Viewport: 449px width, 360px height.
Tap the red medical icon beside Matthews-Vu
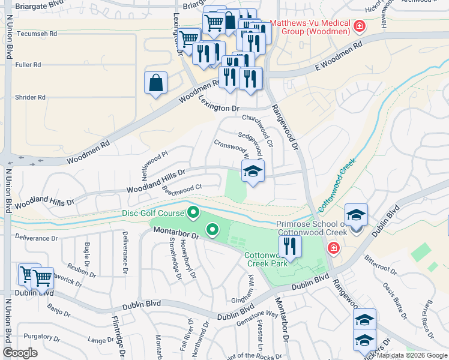click(360, 26)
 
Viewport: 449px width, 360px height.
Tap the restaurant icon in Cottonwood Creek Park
click(289, 247)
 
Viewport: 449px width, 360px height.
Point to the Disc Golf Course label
click(154, 212)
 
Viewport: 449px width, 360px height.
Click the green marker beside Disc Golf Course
click(193, 212)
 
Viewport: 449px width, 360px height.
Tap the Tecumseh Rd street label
click(37, 34)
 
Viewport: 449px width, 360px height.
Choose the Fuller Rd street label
click(28, 65)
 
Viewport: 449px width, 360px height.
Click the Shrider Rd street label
click(29, 97)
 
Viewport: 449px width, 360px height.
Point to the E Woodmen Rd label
click(340, 55)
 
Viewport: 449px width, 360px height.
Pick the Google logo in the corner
click(20, 353)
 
